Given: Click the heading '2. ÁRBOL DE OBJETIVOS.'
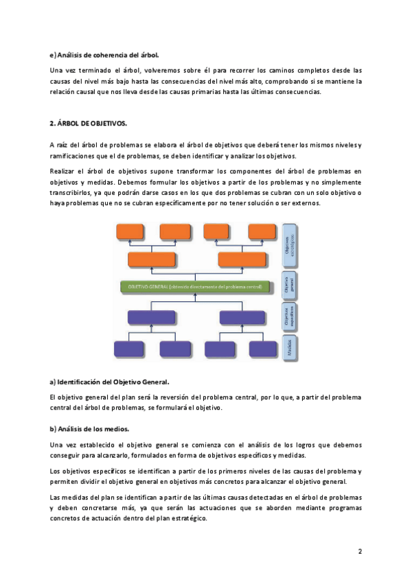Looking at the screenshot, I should click(89, 124).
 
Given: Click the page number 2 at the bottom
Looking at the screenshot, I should click(360, 551).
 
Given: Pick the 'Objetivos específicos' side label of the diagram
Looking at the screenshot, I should click(288, 316).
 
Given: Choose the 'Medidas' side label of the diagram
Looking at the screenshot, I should click(288, 342).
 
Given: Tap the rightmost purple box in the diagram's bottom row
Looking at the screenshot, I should click(262, 349).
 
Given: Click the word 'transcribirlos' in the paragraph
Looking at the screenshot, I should click(72, 193).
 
